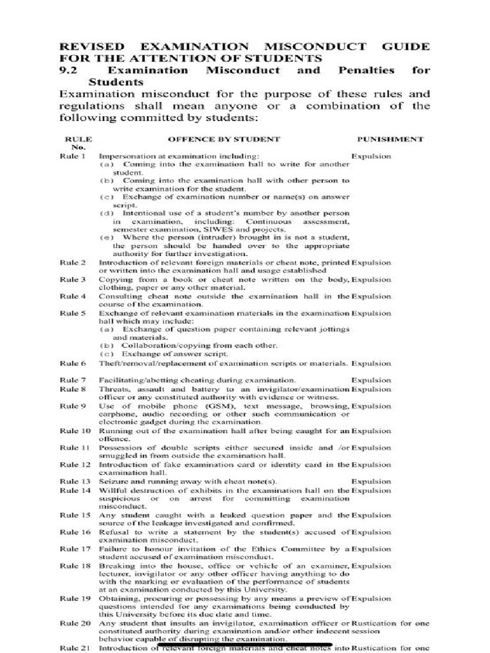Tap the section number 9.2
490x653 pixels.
click(x=67, y=70)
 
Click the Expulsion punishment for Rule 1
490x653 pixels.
click(x=371, y=156)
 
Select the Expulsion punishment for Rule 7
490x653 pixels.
click(x=371, y=380)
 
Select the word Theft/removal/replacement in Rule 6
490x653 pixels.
click(x=150, y=363)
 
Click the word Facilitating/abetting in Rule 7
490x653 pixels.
click(x=135, y=380)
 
